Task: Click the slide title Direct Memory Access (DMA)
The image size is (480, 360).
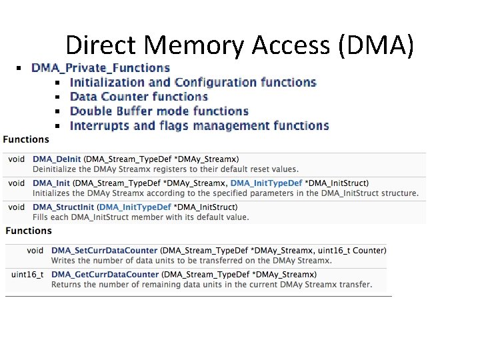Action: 240,45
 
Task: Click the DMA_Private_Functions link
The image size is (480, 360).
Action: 101,68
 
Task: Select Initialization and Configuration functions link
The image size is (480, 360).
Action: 193,83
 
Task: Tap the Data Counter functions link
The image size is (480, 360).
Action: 139,97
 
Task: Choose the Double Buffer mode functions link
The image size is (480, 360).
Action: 159,111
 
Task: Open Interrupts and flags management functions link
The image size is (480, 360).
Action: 199,126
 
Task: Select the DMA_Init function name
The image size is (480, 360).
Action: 51,183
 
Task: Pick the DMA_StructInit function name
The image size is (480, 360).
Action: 63,207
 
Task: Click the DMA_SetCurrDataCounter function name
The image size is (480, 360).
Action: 105,251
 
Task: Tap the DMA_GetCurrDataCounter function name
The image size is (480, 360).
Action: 105,275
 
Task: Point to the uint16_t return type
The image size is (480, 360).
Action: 27,275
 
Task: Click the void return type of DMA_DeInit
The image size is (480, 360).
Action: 17,159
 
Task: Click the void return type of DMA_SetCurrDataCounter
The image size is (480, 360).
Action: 35,251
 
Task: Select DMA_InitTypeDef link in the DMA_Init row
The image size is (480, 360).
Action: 266,183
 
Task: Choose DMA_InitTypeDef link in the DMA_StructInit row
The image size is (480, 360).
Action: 135,207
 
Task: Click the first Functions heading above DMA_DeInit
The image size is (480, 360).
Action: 26,139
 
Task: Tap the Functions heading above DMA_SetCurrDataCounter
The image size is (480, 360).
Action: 29,231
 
